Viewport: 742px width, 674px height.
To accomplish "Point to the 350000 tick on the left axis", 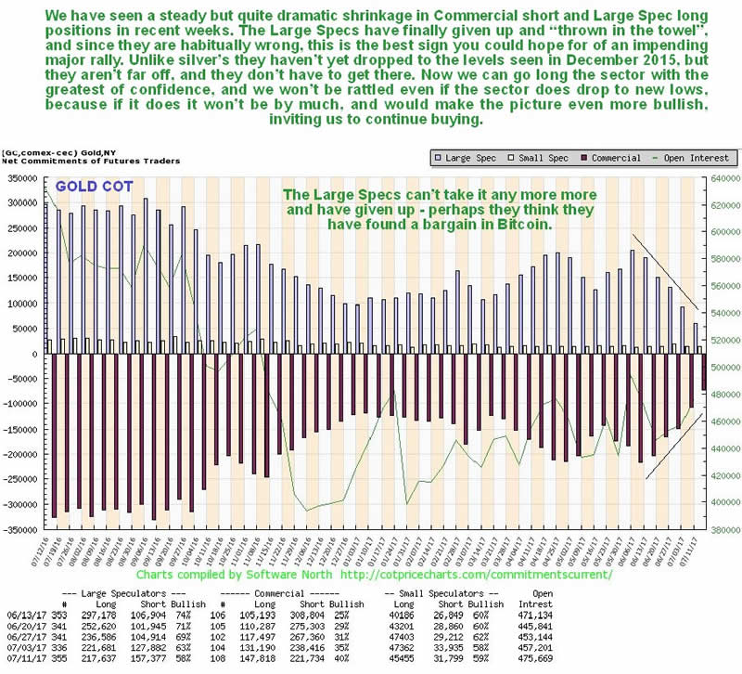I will point(18,177).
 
